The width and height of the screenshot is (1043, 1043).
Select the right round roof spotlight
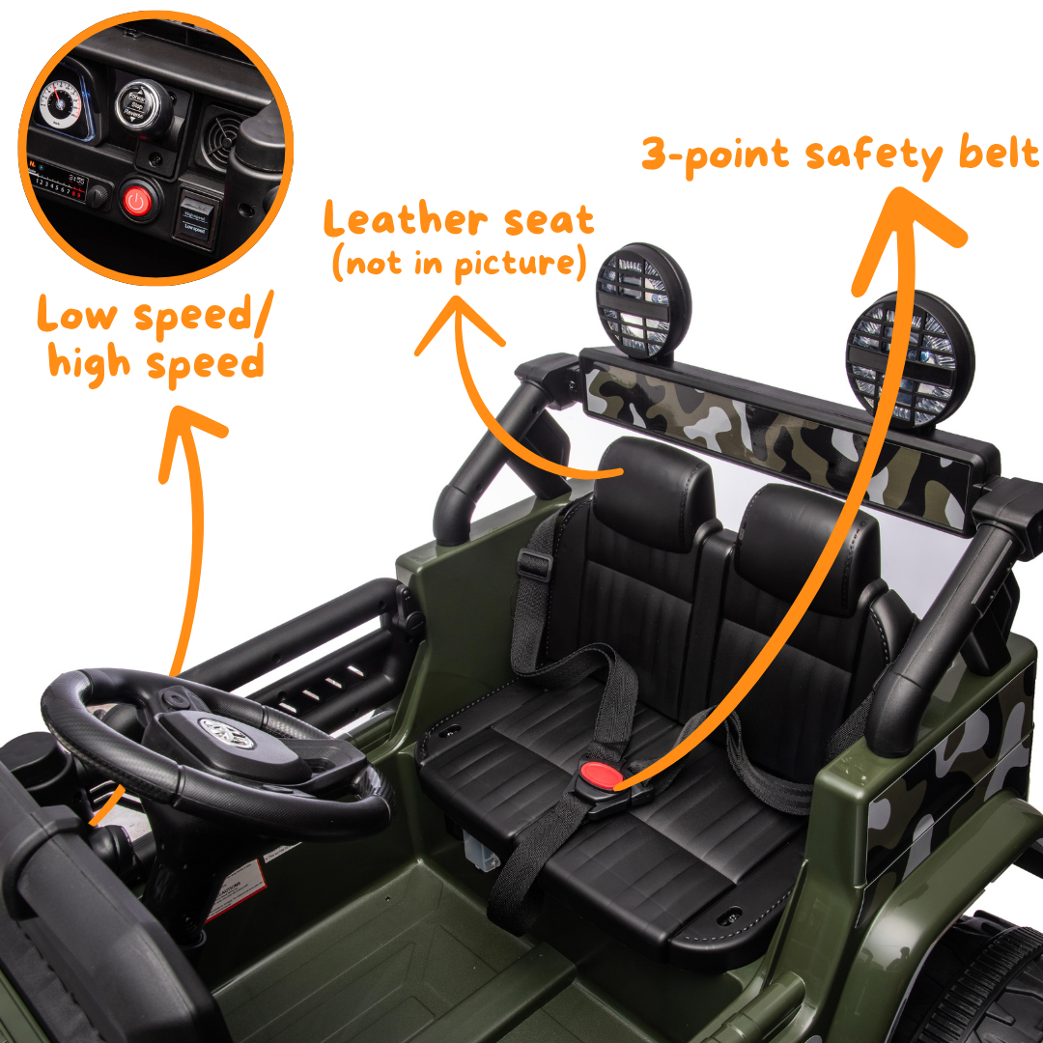[x=911, y=358]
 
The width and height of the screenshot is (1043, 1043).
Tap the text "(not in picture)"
[x=459, y=263]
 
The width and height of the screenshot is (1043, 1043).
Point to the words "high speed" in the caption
[x=156, y=362]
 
